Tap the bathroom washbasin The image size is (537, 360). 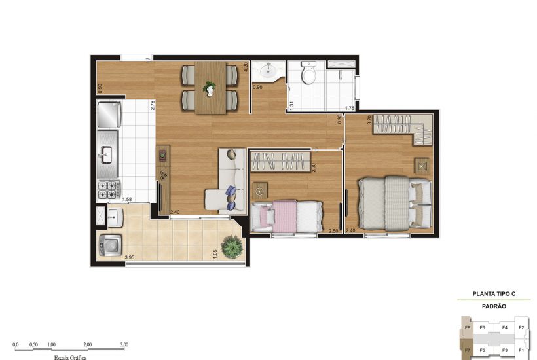pyautogui.click(x=268, y=71)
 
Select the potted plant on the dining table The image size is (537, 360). pyautogui.click(x=210, y=87)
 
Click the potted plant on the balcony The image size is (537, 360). pyautogui.click(x=231, y=247)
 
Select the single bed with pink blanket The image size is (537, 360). pyautogui.click(x=287, y=216)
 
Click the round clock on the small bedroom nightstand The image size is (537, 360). pyautogui.click(x=259, y=192)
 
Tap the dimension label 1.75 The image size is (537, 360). pyautogui.click(x=350, y=108)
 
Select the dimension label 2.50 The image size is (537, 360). pyautogui.click(x=333, y=230)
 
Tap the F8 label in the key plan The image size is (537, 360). pyautogui.click(x=468, y=327)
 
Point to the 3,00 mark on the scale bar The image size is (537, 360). pyautogui.click(x=124, y=344)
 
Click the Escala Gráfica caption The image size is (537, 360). pyautogui.click(x=70, y=357)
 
